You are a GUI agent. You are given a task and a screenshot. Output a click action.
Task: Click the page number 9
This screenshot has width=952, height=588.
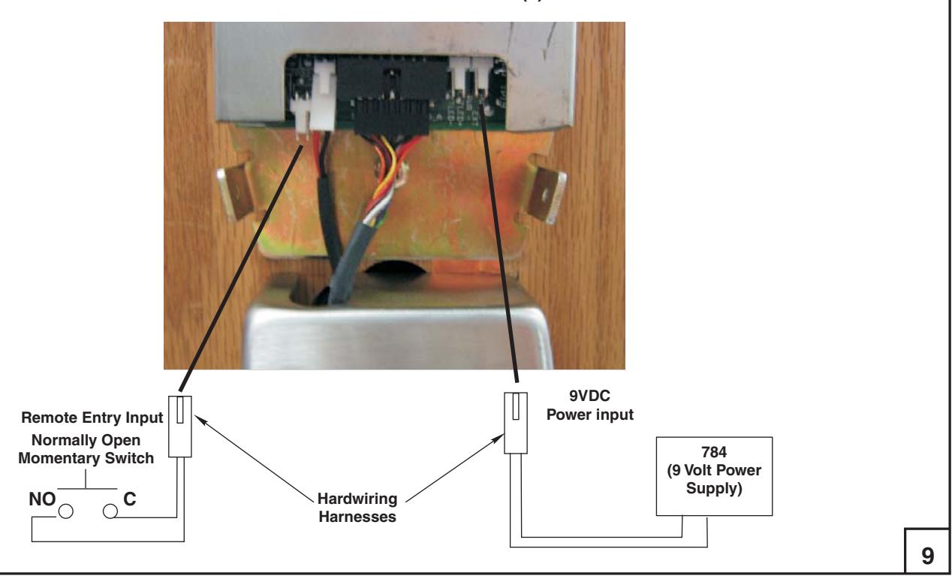(x=927, y=556)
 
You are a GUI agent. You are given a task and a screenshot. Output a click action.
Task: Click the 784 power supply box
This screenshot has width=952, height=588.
(x=714, y=476)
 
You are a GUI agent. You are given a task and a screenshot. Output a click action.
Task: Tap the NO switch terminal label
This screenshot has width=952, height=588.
(x=42, y=499)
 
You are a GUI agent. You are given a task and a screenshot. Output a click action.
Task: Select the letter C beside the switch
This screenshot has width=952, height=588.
(x=130, y=499)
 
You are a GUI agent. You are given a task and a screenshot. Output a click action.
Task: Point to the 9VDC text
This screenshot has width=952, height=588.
(x=589, y=396)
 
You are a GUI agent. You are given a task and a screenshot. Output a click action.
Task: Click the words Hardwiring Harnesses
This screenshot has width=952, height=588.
(x=357, y=508)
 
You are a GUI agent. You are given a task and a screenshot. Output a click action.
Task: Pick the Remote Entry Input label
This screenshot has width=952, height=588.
(x=92, y=418)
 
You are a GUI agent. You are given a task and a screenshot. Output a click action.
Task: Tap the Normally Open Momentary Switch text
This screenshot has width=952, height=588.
(x=86, y=449)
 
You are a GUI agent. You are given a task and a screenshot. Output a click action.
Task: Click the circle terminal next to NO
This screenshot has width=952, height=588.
(x=66, y=511)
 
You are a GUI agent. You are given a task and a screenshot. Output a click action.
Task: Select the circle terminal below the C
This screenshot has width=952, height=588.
(x=110, y=511)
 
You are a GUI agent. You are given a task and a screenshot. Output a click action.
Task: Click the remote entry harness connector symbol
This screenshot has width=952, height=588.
(x=179, y=427)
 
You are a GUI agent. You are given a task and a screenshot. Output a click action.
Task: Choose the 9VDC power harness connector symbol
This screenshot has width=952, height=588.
(x=516, y=423)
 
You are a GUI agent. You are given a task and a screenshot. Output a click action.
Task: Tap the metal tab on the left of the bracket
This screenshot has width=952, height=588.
(x=236, y=194)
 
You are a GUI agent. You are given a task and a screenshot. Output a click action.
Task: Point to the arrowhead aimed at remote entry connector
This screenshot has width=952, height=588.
(x=200, y=419)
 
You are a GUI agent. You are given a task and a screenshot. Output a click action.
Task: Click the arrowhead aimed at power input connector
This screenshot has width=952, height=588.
(x=499, y=439)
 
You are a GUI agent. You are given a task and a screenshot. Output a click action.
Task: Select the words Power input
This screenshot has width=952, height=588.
(x=590, y=415)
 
